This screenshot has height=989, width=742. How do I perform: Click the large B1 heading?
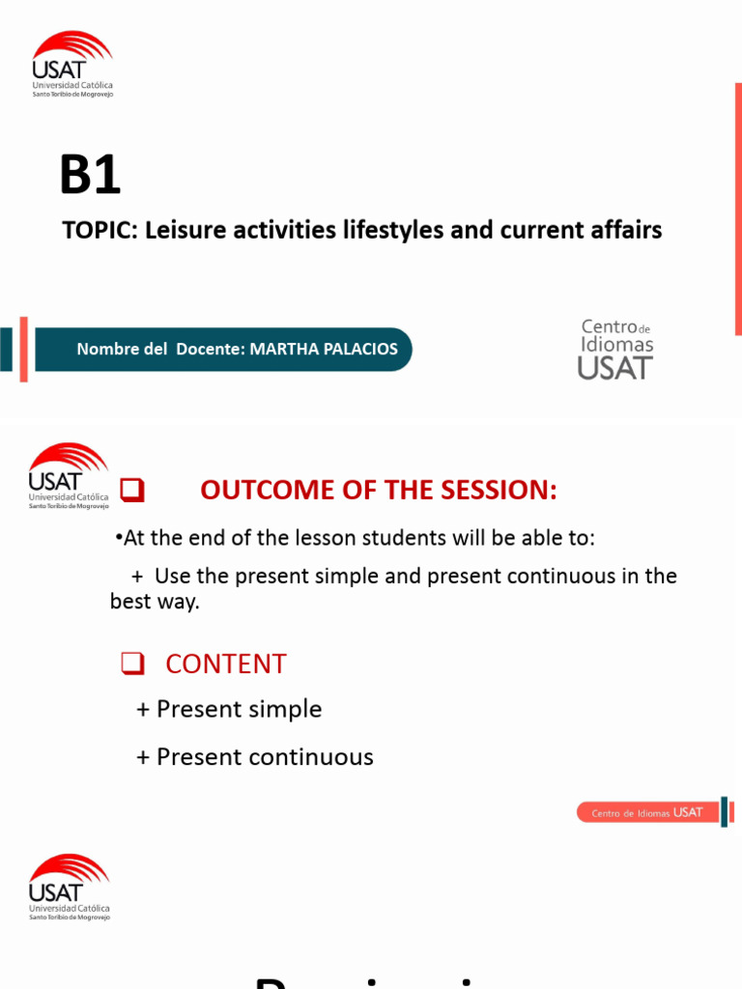90,176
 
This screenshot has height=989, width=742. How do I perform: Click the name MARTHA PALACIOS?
324,350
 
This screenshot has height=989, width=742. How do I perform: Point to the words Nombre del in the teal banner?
123,350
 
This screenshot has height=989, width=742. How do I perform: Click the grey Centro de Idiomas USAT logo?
615,349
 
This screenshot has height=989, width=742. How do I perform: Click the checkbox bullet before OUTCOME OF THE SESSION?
131,492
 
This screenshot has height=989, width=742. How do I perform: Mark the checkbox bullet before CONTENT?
131,664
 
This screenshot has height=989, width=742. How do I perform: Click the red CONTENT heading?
226,664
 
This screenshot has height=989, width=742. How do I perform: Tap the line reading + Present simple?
229,709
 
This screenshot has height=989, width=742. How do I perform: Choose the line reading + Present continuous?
254,756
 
